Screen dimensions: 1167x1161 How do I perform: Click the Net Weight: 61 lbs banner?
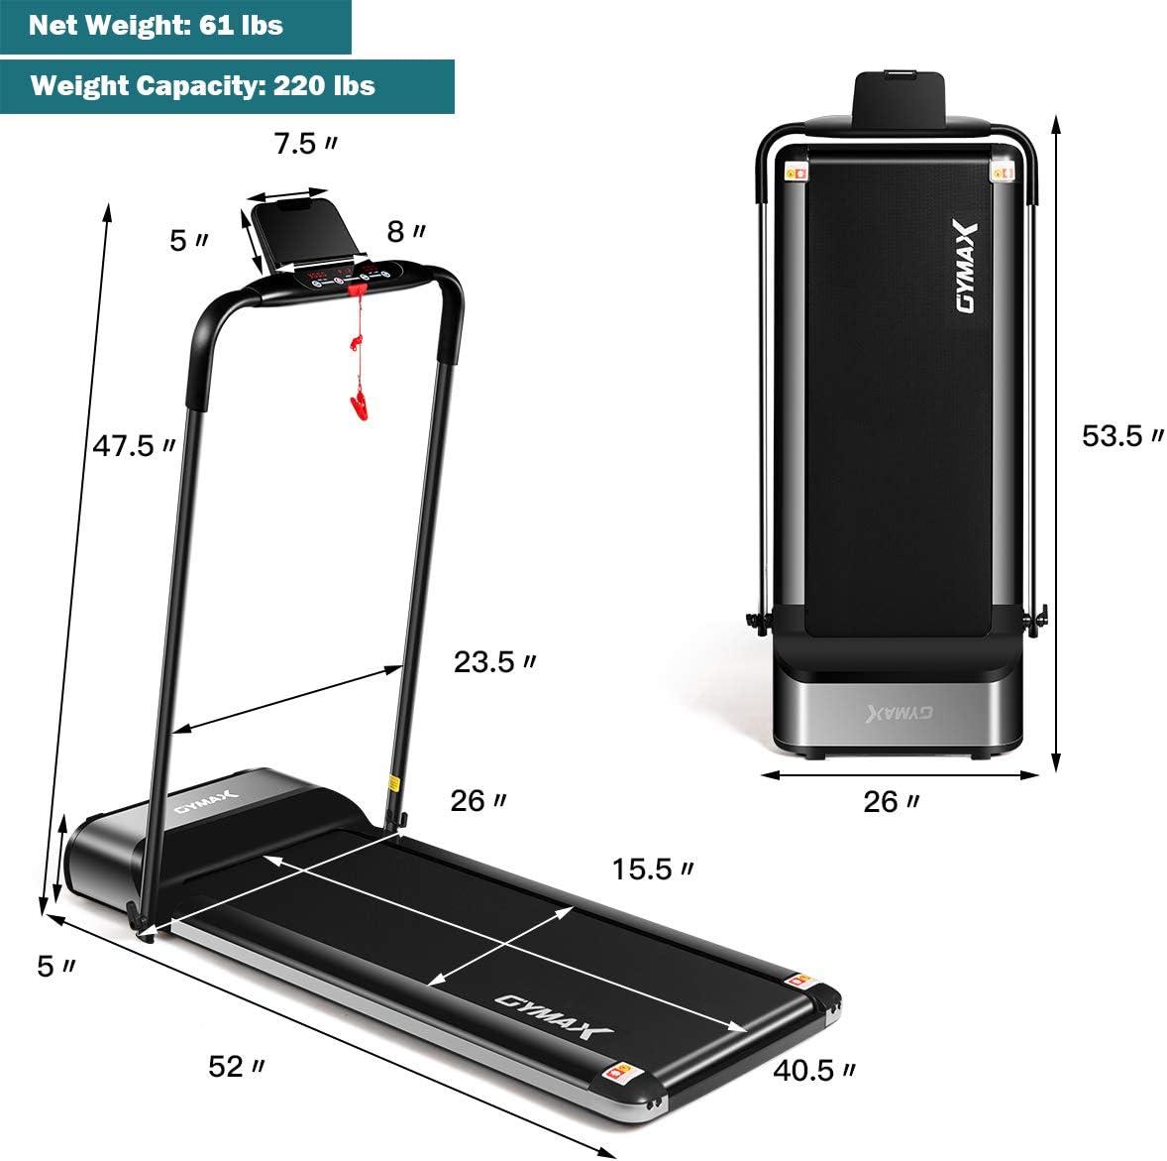pos(175,26)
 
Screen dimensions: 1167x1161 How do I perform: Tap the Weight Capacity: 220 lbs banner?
pos(227,86)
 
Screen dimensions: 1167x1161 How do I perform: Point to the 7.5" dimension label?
pos(305,143)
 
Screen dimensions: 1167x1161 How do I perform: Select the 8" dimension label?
pos(405,232)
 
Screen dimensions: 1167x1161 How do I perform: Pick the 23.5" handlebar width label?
pos(495,661)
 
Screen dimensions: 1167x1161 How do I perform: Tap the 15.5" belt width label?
pos(653,869)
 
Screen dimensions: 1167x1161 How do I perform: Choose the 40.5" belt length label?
pos(814,1070)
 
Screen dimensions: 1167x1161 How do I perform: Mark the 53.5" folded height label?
pos(1122,435)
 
